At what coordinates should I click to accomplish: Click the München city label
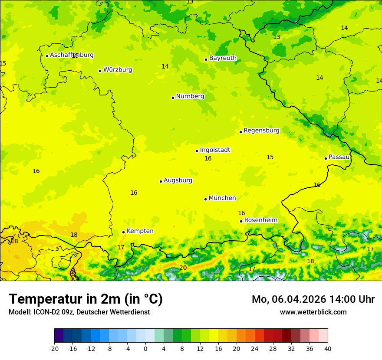[x=222, y=198]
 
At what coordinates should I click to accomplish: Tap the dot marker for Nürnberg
[x=173, y=98]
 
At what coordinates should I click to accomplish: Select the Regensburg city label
[x=261, y=131]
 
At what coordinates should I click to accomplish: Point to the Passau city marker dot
[x=326, y=158]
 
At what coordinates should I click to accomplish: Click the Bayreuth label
[x=223, y=58]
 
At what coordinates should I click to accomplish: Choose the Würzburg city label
[x=118, y=70]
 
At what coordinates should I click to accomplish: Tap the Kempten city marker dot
[x=123, y=232]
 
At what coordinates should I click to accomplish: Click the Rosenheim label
[x=260, y=220]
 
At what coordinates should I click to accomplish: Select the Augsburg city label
[x=178, y=180]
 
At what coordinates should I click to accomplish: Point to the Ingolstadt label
[x=215, y=150]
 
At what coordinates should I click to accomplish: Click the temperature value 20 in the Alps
[x=183, y=268]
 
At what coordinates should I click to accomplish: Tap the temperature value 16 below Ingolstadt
[x=208, y=159]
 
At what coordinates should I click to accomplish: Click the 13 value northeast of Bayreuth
[x=277, y=37]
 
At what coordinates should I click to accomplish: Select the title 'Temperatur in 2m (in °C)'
[x=86, y=299]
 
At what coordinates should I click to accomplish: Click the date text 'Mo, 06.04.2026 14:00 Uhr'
[x=313, y=300]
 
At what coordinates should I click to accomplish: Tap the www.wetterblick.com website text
[x=313, y=312]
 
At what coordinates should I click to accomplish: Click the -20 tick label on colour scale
[x=54, y=349]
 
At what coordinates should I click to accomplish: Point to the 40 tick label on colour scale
[x=328, y=349]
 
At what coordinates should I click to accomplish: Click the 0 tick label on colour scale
[x=145, y=349]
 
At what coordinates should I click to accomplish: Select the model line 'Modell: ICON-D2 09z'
[x=41, y=312]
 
